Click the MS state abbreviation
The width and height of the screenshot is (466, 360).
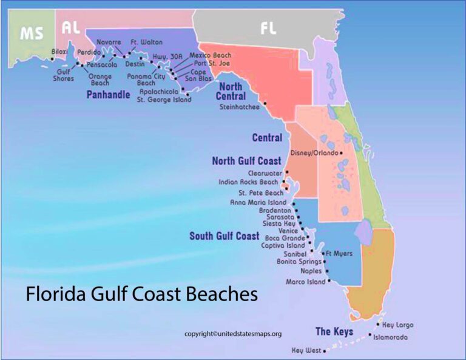[x=32, y=33]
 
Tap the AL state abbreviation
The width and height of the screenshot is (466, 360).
[x=70, y=28]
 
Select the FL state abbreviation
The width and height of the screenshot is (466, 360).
[x=268, y=28]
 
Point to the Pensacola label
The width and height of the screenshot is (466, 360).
[x=101, y=64]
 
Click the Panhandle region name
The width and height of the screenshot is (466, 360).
[x=108, y=95]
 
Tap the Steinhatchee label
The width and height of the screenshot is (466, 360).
[x=239, y=107]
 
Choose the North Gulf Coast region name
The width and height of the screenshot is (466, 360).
[x=246, y=161]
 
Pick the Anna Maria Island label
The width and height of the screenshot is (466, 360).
[x=258, y=202]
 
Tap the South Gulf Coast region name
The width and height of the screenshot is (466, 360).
[x=224, y=236]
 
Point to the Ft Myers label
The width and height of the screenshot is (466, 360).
[x=339, y=253]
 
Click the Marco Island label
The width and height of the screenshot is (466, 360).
[x=305, y=282]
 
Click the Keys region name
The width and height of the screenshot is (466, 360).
[x=334, y=331]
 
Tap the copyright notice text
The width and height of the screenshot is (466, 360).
[x=233, y=334]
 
